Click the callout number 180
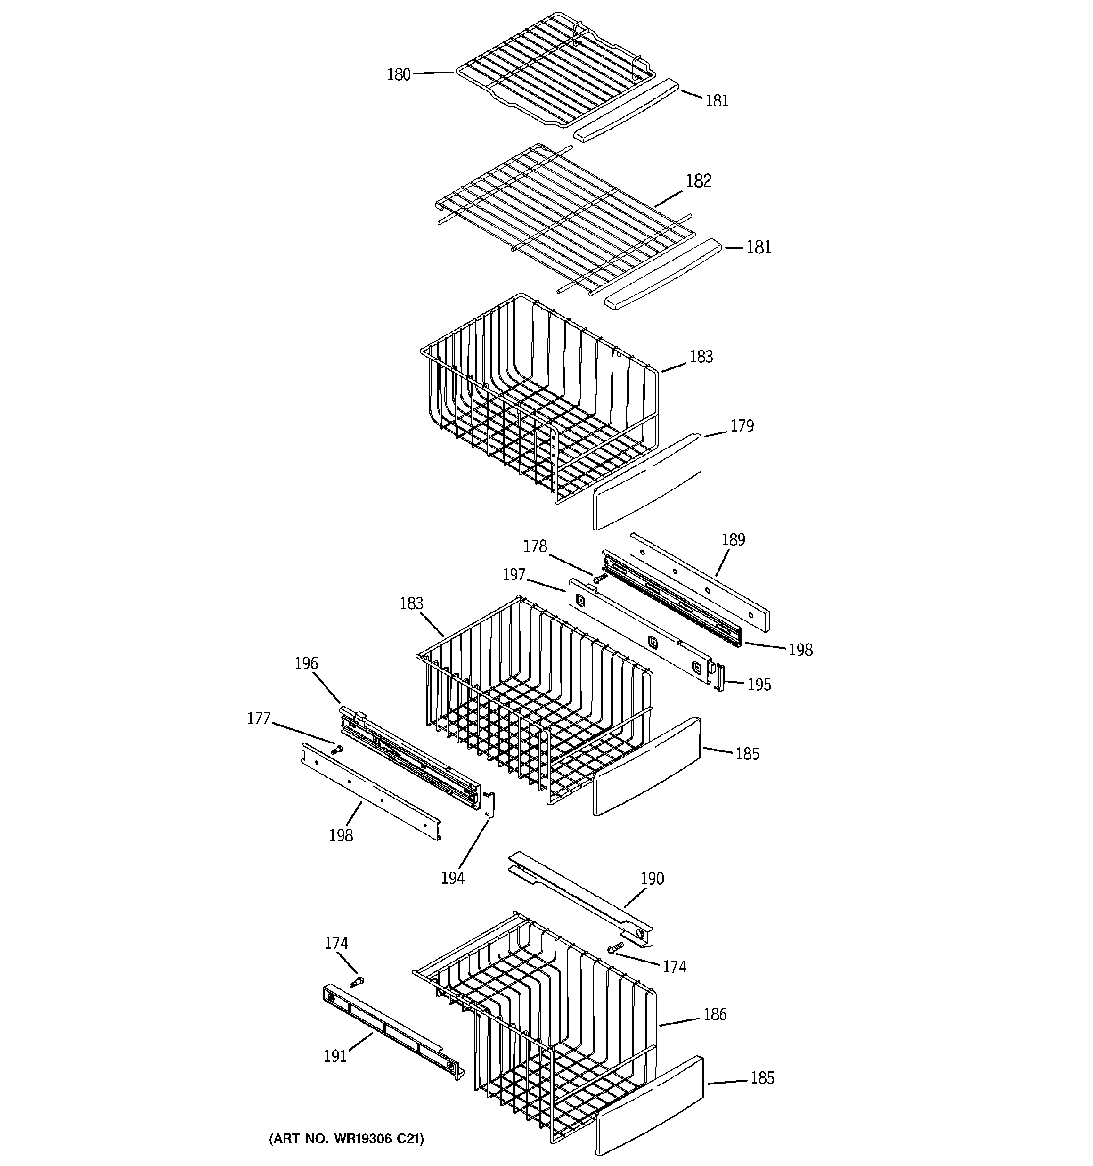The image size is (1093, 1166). point(399,74)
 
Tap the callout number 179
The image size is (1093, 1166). point(742,426)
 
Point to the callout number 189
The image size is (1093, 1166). point(733,539)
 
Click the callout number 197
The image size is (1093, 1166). point(514,575)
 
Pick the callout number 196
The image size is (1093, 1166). point(306,663)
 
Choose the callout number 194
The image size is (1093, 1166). point(452,878)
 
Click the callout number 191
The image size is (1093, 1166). point(335,1056)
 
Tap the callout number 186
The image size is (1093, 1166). point(715,1014)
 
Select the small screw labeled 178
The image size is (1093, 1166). point(599,579)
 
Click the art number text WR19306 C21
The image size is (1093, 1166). point(346,1138)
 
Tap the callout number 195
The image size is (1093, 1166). point(759,685)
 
